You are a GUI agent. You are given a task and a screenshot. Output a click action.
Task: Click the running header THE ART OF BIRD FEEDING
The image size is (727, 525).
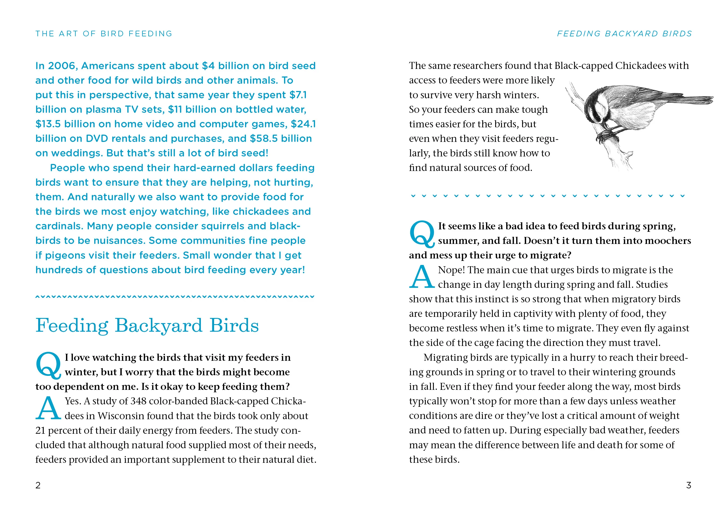click(104, 34)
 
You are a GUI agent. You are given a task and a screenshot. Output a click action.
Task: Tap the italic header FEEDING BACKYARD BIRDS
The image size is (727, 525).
click(624, 34)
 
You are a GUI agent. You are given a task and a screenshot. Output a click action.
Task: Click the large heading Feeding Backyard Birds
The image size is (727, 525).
click(147, 326)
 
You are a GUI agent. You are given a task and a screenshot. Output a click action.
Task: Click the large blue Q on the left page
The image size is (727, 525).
click(48, 365)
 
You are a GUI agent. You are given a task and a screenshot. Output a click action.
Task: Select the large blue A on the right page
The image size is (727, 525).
click(422, 277)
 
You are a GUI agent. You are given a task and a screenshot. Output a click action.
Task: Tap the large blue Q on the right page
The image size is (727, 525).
click(422, 234)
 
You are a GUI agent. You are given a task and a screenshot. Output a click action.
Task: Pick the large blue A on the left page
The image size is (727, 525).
click(48, 408)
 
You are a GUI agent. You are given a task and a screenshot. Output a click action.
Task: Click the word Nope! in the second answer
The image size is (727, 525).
click(451, 270)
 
